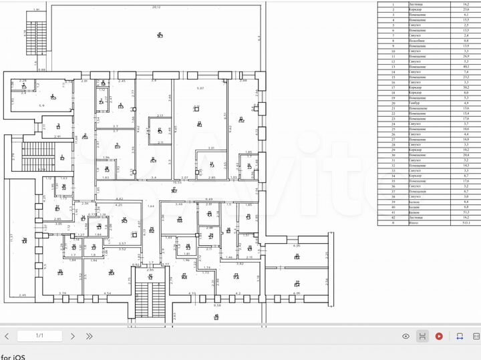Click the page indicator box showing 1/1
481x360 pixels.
tap(39, 336)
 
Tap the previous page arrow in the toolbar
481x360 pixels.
tap(7, 336)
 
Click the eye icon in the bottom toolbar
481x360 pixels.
tap(406, 336)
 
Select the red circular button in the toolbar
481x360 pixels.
tap(439, 336)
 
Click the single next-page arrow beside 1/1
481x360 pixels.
tap(72, 336)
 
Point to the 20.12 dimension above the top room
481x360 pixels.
tap(156, 7)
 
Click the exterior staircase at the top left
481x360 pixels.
tap(33, 36)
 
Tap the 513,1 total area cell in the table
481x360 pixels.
tap(466, 222)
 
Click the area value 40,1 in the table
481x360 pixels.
tap(466, 67)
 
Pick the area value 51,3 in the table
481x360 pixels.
tap(466, 211)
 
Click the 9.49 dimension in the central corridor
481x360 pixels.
tap(208, 199)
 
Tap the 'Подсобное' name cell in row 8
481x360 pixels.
tap(417, 41)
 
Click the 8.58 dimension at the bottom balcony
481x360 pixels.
tap(216, 305)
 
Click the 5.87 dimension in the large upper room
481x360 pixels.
tap(199, 88)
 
